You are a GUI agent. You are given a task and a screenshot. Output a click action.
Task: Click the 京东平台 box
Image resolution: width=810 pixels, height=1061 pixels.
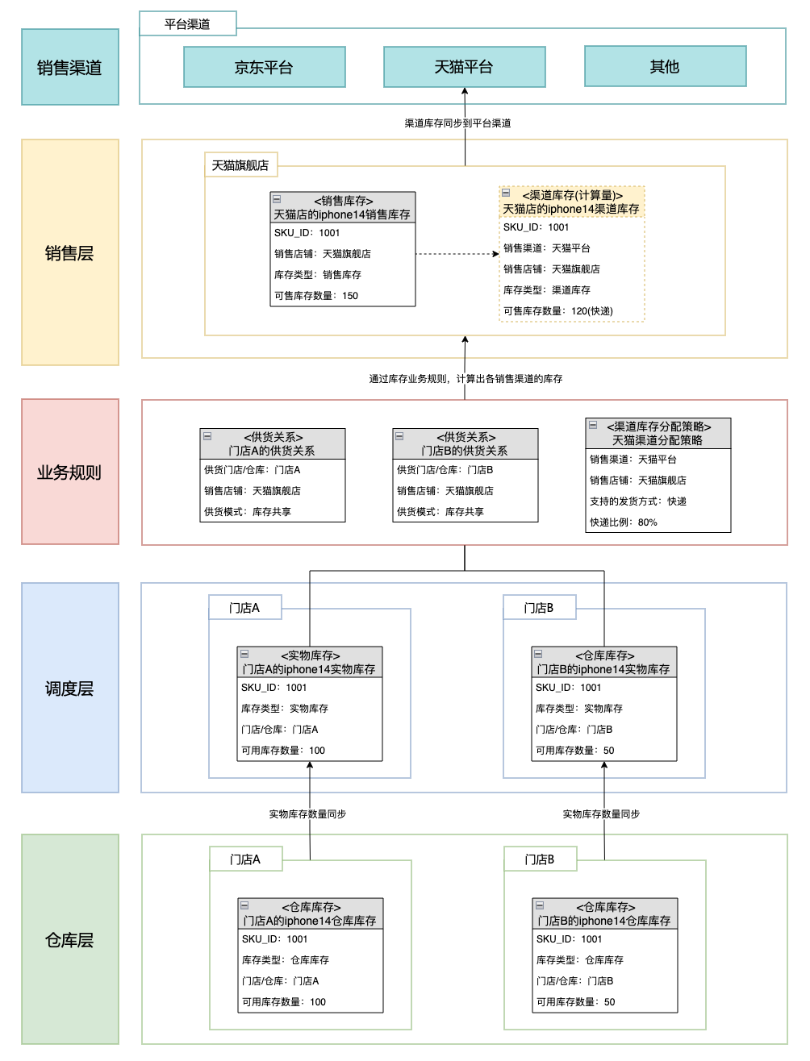264,67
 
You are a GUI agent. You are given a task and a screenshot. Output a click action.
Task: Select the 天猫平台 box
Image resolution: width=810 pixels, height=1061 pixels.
464,67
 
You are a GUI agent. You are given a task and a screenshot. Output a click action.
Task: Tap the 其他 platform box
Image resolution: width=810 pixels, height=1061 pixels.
665,66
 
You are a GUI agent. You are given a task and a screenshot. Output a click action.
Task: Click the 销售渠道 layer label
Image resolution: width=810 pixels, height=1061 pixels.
70,67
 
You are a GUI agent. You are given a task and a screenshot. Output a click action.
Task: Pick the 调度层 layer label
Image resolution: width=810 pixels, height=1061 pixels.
70,688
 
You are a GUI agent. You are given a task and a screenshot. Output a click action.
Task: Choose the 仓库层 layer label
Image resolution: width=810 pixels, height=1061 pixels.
70,938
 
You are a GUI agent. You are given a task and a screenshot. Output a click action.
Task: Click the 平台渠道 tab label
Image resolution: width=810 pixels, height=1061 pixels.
188,23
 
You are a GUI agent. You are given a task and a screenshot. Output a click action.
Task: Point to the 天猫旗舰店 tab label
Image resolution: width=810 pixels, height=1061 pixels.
241,164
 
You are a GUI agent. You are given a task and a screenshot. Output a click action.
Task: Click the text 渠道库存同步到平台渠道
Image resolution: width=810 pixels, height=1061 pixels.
457,123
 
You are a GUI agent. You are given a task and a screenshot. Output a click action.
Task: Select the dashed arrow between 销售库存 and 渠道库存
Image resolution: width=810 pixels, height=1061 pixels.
457,254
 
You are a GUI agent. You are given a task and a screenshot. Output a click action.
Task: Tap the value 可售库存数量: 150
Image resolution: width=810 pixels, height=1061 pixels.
316,295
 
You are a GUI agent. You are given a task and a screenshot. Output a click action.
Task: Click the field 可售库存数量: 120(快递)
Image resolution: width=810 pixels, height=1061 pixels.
558,311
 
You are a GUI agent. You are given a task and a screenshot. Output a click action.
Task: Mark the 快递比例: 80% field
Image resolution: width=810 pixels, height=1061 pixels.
624,522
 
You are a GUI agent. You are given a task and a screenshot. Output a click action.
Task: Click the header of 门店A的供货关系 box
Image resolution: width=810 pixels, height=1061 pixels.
272,443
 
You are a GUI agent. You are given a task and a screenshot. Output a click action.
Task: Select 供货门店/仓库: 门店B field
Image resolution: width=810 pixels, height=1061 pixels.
445,469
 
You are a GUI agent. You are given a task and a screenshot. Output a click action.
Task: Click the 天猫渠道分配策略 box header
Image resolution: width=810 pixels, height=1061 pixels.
658,433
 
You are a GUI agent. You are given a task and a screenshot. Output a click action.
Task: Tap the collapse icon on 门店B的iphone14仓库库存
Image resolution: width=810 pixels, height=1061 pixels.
540,905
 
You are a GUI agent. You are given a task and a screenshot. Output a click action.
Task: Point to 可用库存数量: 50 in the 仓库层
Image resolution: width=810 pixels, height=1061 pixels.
575,1001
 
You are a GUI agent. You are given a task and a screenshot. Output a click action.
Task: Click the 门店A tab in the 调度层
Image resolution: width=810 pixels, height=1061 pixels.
244,607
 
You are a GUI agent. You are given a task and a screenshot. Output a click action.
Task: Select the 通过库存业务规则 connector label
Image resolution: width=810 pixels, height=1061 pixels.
466,378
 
